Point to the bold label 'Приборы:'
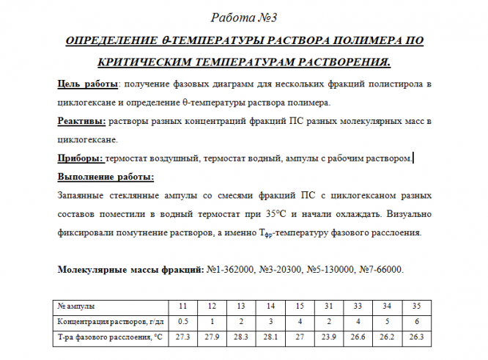coord(80,158)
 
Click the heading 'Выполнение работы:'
coord(106,177)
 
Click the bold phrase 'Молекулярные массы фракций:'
coord(129,270)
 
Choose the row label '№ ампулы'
coord(76,306)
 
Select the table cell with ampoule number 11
coord(184,306)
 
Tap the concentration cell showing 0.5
coord(184,321)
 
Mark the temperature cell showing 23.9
coord(329,337)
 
